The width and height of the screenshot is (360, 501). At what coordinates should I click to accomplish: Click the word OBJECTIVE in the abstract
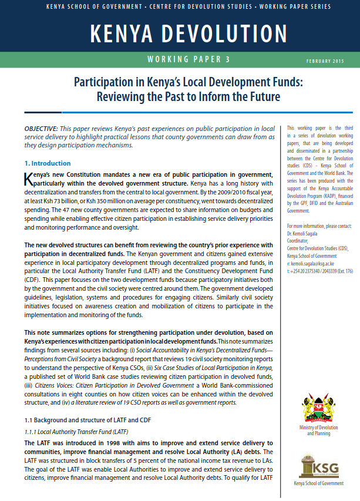pyautogui.click(x=41, y=128)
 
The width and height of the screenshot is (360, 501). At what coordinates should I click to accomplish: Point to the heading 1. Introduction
pyautogui.click(x=48, y=163)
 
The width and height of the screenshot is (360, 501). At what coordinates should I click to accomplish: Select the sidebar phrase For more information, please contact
pyautogui.click(x=318, y=226)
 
